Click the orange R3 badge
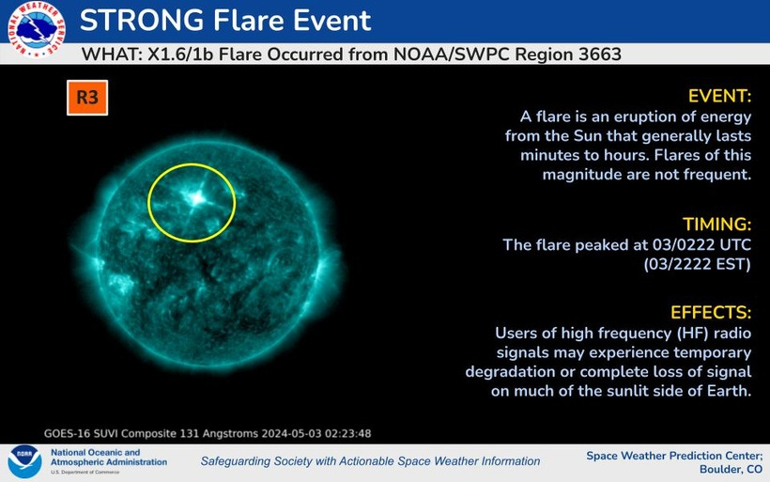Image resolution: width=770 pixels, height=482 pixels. tap(87, 98)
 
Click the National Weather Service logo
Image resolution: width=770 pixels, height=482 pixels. tap(36, 28)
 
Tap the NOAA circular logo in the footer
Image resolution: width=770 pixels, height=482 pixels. tap(24, 462)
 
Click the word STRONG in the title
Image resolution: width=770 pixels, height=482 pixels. tap(142, 21)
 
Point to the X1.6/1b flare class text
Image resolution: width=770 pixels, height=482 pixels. tap(180, 54)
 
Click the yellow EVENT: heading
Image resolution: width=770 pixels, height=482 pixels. tap(719, 96)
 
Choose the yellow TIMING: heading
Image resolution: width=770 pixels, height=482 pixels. tap(717, 224)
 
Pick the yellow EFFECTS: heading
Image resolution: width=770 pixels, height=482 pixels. tap(711, 313)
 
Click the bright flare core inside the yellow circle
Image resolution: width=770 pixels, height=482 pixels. tap(198, 198)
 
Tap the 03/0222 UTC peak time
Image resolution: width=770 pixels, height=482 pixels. tap(701, 244)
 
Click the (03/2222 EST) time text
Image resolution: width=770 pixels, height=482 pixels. tap(698, 264)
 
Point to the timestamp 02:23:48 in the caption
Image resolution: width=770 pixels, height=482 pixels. tap(349, 434)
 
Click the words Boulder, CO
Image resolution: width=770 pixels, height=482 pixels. tap(731, 470)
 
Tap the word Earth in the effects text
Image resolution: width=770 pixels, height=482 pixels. tap(728, 391)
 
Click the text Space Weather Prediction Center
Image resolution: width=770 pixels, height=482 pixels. tap(675, 456)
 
